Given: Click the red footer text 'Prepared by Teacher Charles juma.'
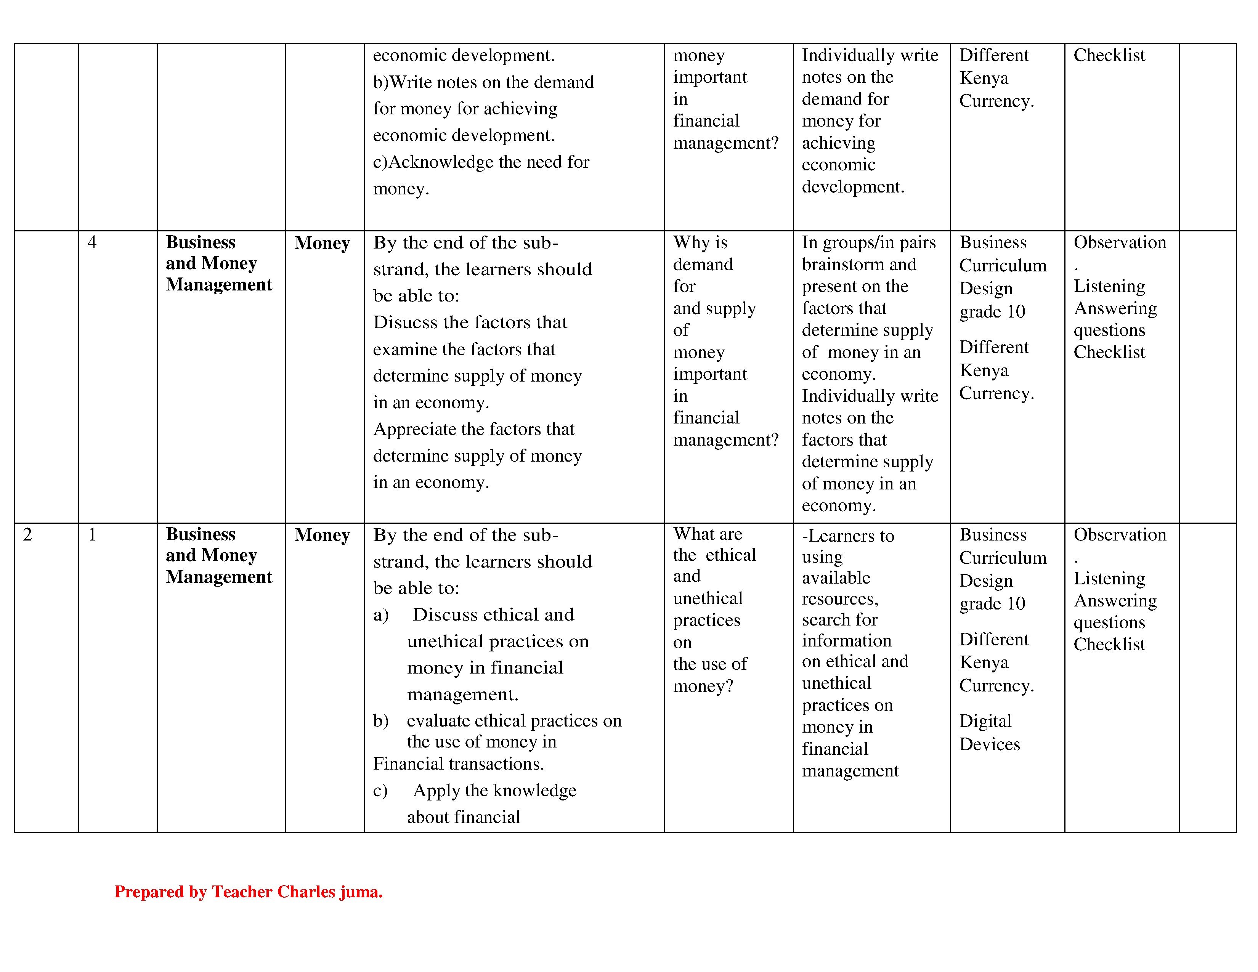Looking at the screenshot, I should point(248,892).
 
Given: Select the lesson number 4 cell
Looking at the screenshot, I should point(92,242).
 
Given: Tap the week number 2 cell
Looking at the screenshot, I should point(27,535).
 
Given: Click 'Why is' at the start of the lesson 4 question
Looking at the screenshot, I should point(700,242).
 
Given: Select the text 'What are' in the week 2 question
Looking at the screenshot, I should point(707,534).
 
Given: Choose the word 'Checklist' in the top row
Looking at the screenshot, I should point(1109,55).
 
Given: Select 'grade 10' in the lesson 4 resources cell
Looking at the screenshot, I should point(992,311).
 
